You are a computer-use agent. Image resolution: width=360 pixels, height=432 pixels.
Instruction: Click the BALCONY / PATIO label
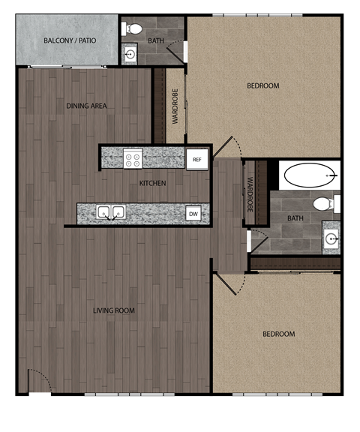coord(68,40)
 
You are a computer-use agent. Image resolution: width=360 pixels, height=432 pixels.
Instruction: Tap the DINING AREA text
coord(86,106)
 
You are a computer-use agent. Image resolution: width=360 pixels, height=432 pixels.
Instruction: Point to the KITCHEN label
coord(152,183)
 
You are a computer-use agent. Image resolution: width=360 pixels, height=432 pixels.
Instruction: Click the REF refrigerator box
coord(197,159)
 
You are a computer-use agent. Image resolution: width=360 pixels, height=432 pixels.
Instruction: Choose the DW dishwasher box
coord(193,214)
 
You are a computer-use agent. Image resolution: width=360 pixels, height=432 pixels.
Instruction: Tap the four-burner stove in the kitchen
coord(133,159)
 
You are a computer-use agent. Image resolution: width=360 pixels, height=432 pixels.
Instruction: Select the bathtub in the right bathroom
coord(309,176)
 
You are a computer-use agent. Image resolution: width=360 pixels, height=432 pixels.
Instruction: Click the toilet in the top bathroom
coord(133,28)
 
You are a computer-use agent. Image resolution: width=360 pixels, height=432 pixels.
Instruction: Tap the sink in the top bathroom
coord(130,54)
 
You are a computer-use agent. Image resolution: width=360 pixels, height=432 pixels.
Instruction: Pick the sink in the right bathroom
coord(331,239)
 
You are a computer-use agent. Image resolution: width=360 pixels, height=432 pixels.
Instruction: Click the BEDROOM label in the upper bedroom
coord(263,86)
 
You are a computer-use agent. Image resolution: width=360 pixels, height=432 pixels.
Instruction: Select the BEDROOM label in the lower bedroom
coord(278,334)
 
